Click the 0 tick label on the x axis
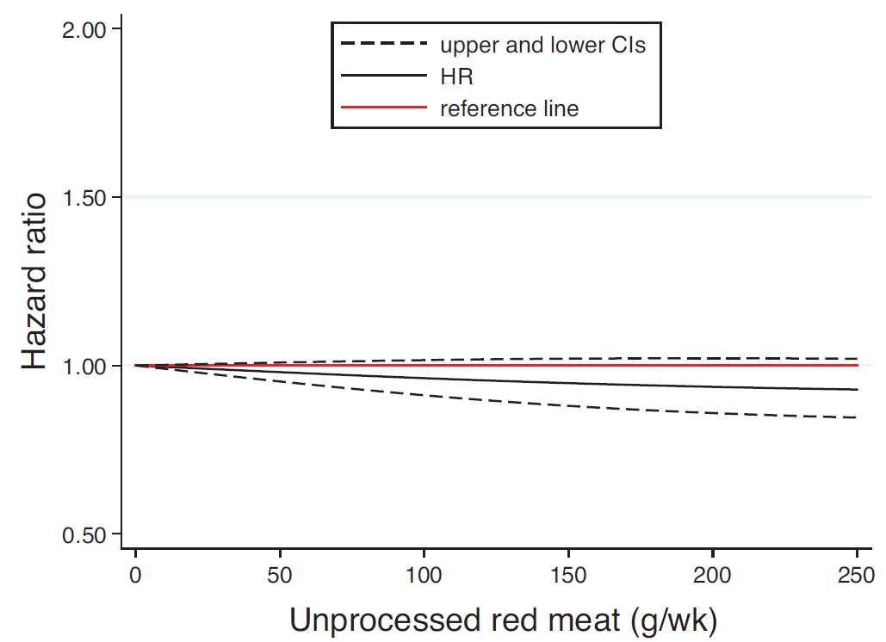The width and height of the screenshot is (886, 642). pos(135,575)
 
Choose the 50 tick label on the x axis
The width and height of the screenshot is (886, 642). pos(279,575)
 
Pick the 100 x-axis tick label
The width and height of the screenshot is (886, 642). pos(424,575)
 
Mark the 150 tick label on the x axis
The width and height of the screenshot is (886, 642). pos(568,575)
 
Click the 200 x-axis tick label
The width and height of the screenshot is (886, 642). pos(712,575)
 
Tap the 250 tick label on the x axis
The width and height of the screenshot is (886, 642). pos(857,575)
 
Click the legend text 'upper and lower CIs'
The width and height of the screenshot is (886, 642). pos(542,45)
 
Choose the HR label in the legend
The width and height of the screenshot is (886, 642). pos(456,77)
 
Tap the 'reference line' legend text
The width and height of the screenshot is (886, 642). pos(509,108)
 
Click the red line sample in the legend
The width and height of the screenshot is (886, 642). pos(384,108)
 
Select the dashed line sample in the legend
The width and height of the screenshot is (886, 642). pos(384,44)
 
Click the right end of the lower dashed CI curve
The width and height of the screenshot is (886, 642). pos(856,417)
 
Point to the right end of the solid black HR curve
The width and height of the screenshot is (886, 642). pos(856,390)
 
